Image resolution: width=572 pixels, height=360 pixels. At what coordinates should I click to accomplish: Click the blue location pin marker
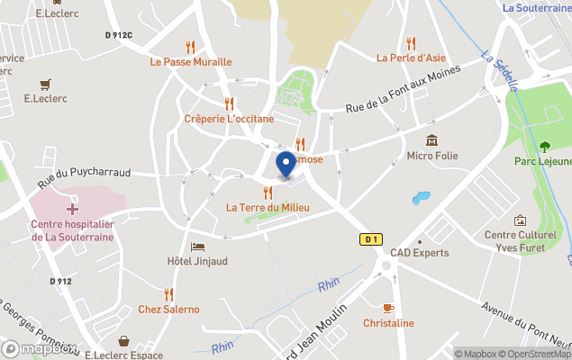pos(286,164)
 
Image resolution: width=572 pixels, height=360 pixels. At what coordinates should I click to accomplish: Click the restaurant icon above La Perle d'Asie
pos(412,42)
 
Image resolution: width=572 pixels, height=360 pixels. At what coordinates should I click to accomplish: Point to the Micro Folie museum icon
pos(432,140)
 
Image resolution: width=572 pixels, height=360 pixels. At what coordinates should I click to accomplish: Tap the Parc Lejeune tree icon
pos(544,146)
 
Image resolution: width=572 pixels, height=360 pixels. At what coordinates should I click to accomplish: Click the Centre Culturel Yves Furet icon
pos(520,220)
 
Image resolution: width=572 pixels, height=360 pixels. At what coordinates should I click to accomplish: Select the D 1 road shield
pos(370,238)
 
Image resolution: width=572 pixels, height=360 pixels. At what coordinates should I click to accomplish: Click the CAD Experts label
pos(419,253)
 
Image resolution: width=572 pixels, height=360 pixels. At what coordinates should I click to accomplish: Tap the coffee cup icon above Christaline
pos(388,308)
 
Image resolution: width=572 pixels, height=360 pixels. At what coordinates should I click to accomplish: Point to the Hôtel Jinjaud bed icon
pos(197,247)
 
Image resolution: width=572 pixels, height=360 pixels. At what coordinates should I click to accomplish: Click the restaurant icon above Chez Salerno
pos(168,293)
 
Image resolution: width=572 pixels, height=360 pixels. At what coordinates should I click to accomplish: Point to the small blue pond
pos(420,198)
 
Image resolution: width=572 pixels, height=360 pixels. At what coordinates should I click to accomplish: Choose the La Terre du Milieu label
pos(268,208)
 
